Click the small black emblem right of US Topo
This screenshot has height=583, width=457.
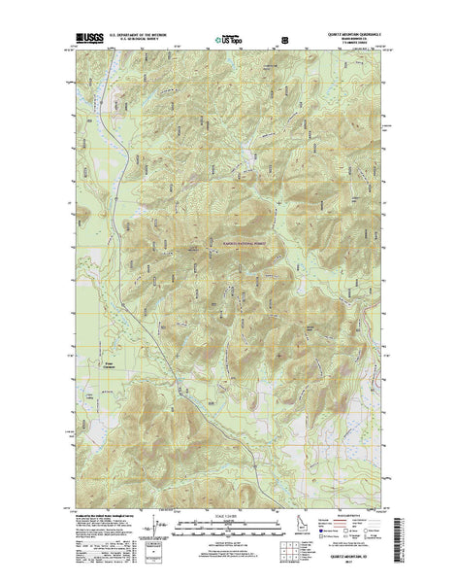(284, 41)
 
